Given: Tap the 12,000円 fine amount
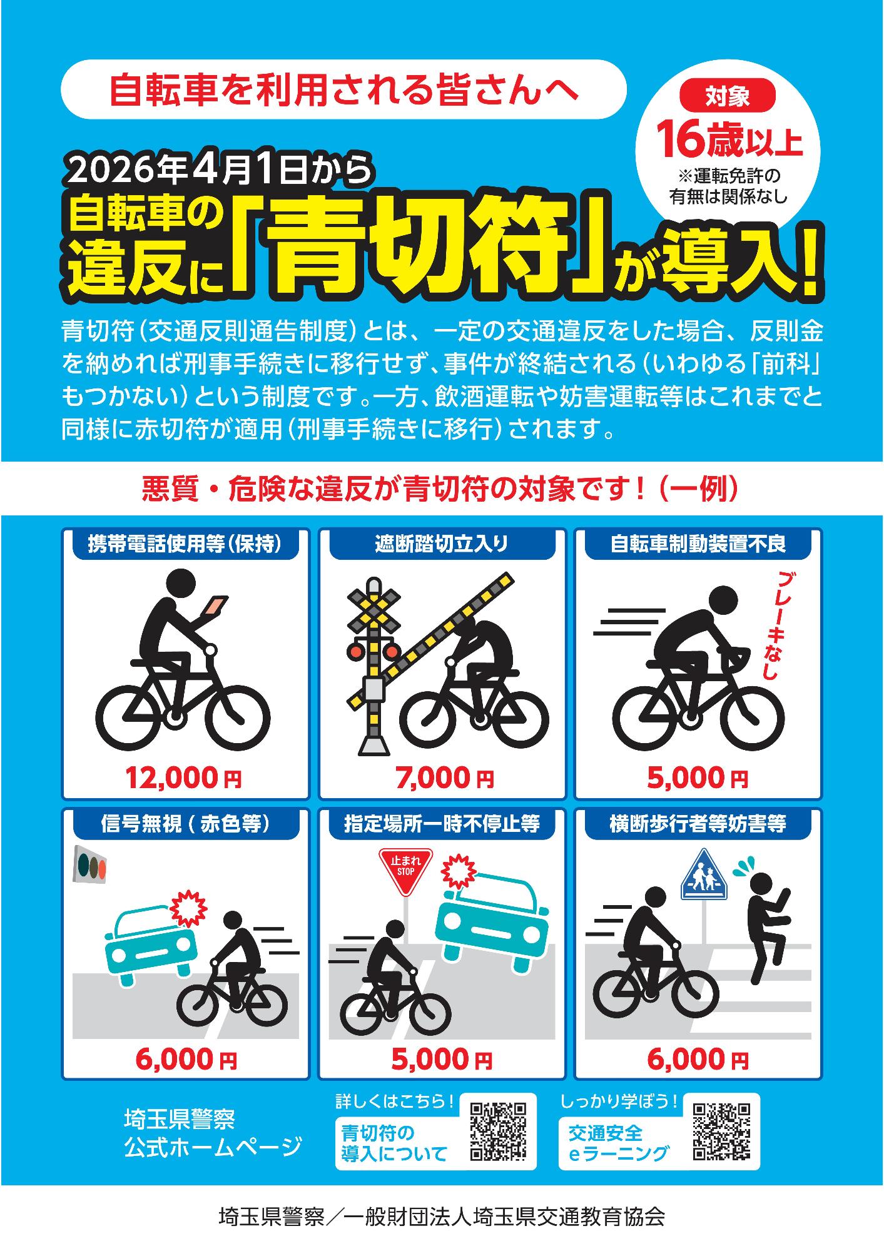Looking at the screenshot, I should [184, 778].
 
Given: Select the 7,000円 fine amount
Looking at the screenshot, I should [444, 778].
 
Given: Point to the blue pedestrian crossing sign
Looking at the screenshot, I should [704, 875].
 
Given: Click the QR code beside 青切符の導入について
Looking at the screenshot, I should [499, 1132].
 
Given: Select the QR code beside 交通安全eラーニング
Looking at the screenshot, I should [721, 1131].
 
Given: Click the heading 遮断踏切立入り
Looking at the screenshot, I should [442, 544].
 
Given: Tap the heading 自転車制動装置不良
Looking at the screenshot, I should [698, 544].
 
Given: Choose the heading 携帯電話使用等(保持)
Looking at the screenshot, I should [185, 544].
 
